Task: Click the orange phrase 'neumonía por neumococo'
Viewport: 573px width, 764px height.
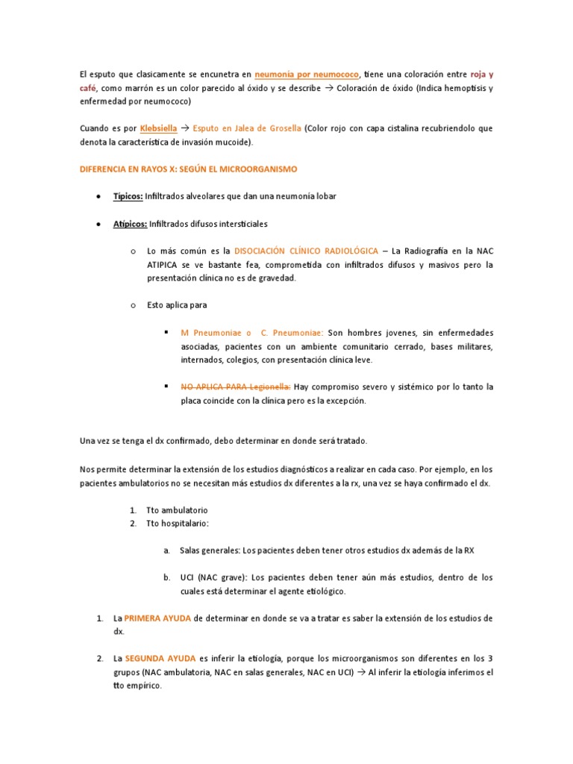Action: tap(307, 75)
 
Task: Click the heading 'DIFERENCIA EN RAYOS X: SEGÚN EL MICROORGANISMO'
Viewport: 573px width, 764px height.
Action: tap(188, 169)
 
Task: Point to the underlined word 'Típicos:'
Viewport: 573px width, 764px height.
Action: tap(128, 196)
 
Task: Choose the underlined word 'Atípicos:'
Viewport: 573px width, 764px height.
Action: tap(130, 223)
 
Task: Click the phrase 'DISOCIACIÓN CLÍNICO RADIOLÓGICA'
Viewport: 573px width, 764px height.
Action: tap(306, 251)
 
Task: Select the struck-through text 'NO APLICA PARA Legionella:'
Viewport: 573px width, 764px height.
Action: tap(235, 386)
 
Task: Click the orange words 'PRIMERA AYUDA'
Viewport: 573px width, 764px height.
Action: tap(157, 619)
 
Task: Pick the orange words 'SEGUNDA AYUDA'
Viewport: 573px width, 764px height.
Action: tap(160, 659)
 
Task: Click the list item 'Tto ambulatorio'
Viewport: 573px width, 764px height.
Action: tap(177, 510)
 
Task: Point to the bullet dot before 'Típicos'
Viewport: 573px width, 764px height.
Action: tap(100, 196)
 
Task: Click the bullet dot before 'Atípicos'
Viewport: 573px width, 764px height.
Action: tap(100, 223)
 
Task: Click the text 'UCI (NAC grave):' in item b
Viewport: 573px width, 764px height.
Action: tap(213, 577)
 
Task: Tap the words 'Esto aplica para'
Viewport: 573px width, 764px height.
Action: tap(177, 304)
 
